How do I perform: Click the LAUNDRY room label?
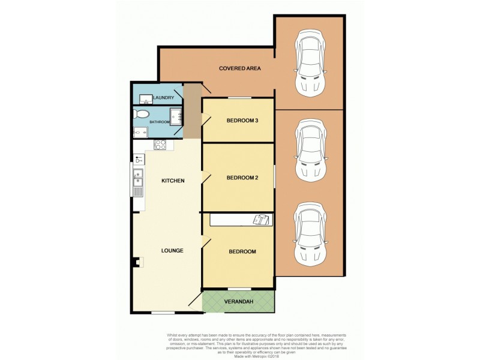(164, 98)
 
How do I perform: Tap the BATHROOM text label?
(160, 122)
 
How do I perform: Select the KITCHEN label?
(172, 181)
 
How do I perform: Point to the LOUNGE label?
(172, 250)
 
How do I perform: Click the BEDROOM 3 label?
(242, 121)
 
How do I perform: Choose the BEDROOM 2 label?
(242, 178)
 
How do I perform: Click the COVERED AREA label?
(239, 68)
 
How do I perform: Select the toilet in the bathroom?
(142, 114)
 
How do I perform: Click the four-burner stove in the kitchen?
(160, 144)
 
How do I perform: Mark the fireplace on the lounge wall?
(137, 262)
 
